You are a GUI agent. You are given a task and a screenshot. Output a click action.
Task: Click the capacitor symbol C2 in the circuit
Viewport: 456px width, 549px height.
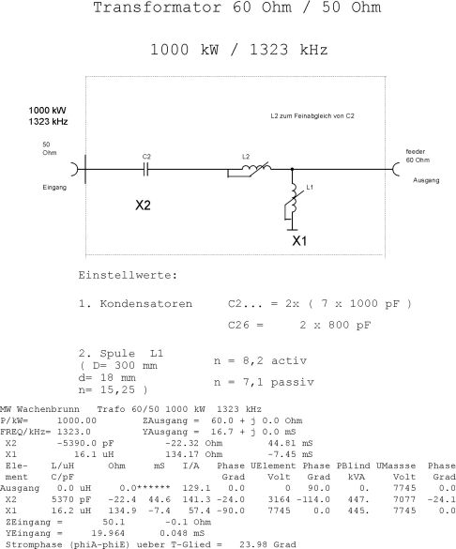tap(146, 170)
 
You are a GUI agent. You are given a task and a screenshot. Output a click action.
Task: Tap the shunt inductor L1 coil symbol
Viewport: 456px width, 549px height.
tap(292, 204)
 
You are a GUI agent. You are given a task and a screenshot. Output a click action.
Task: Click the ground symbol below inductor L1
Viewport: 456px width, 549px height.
tap(292, 229)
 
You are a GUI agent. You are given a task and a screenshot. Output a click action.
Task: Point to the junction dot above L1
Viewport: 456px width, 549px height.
tap(292, 169)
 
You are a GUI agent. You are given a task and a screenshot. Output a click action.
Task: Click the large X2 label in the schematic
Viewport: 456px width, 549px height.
tap(143, 206)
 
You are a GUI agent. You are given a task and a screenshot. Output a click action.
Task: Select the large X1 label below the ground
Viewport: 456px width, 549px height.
tap(299, 241)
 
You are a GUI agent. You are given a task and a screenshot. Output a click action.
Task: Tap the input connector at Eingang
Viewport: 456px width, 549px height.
tap(75, 170)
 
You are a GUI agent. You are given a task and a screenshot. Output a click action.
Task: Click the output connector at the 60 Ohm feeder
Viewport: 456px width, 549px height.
tap(396, 170)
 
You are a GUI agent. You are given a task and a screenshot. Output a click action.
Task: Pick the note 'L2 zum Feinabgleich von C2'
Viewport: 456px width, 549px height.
tap(312, 115)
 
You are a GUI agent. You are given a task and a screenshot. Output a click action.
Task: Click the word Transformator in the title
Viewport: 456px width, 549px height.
tap(157, 8)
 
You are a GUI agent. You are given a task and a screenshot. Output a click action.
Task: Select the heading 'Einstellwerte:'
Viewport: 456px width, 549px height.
tap(128, 275)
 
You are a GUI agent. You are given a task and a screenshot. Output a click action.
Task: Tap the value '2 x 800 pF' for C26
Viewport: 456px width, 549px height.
tap(335, 325)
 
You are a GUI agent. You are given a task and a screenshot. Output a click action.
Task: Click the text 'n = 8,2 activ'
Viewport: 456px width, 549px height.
tap(261, 360)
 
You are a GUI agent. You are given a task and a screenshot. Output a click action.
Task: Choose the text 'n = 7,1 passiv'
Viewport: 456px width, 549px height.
tap(264, 382)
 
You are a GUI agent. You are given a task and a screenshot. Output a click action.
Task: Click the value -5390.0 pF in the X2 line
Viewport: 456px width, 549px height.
tap(85, 443)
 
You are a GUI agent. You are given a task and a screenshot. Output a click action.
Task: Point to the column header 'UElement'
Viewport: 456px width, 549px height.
tap(273, 466)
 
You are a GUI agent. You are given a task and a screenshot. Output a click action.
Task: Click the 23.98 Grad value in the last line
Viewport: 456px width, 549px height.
tap(267, 545)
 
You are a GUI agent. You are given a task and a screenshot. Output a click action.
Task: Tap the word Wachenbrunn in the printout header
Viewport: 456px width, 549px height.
tap(48, 409)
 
